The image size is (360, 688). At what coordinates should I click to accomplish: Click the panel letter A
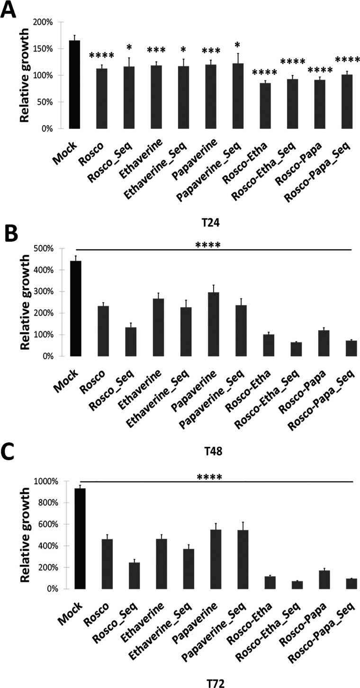9,10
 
